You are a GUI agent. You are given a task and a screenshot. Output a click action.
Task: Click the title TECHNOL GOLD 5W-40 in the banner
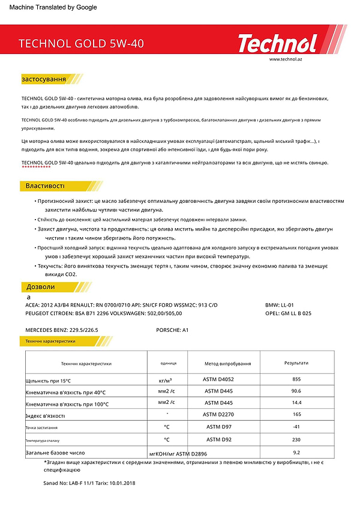[82, 44]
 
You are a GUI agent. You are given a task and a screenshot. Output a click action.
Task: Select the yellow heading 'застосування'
[44, 79]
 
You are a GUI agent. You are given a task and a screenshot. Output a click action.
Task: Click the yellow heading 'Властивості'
[45, 185]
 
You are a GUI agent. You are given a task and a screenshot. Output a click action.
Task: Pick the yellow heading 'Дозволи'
[40, 287]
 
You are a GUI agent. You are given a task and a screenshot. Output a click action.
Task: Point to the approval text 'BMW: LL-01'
[280, 306]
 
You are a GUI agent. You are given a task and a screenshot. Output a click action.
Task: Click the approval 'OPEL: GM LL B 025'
[288, 313]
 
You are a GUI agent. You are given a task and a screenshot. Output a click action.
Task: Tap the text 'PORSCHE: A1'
[172, 330]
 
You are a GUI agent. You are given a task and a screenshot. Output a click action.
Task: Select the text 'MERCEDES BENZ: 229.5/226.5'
[61, 330]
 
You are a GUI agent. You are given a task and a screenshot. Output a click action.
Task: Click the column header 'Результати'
[296, 363]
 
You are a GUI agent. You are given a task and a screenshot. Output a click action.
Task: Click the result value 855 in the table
[296, 379]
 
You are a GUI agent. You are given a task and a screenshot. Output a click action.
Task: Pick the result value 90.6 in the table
[296, 391]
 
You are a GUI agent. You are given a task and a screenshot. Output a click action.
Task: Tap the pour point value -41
[296, 427]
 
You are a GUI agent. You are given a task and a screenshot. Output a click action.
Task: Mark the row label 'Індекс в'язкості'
[45, 415]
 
